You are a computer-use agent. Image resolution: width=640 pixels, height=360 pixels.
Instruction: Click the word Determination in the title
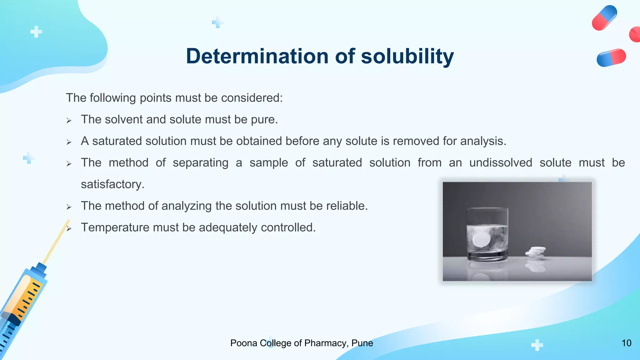tap(257, 56)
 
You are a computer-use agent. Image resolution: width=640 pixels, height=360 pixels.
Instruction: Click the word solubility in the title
tap(407, 56)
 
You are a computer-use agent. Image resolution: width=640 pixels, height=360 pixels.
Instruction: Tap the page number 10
tap(626, 343)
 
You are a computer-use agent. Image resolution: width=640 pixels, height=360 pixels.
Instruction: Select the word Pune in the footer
tap(362, 343)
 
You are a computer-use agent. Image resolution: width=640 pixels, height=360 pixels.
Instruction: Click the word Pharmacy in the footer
tap(325, 343)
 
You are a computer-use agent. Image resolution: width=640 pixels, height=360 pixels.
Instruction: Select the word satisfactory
tap(112, 184)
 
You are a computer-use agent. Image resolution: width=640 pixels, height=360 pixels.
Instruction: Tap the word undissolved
tap(501, 162)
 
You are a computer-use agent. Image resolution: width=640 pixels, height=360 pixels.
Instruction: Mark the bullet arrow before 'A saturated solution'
tap(69, 142)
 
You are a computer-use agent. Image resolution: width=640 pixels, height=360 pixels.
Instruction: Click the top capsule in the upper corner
tap(604, 18)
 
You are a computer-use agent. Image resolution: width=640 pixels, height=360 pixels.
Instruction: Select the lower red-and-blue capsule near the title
tap(611, 58)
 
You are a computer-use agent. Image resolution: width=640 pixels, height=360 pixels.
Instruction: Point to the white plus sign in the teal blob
tap(36, 32)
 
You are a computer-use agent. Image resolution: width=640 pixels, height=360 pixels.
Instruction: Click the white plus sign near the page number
tap(537, 345)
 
